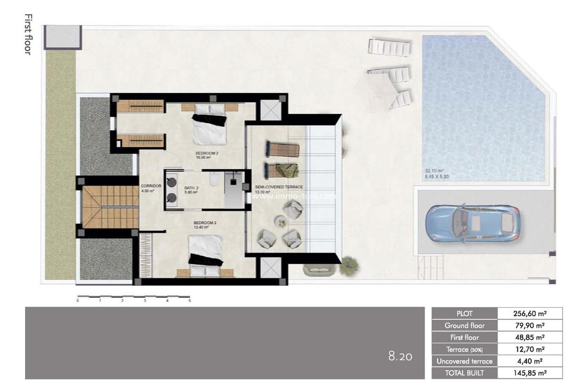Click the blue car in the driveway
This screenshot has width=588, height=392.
tap(472, 224)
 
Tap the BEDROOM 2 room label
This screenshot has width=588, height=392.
tap(207, 154)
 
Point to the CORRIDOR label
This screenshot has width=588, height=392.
tap(151, 186)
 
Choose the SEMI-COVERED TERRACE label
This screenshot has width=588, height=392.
tap(279, 187)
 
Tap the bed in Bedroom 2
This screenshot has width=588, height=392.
tap(209, 126)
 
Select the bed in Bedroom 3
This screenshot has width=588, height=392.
tap(206, 252)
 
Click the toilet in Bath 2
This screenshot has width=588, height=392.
tap(215, 179)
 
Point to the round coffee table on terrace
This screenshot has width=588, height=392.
tap(280, 221)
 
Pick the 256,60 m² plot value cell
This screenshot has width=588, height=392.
tap(530, 314)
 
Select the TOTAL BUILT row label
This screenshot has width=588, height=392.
tap(464, 373)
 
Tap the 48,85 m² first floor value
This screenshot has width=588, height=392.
tap(530, 338)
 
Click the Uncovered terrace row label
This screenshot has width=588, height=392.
tap(464, 361)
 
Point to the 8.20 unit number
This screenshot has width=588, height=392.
tap(400, 357)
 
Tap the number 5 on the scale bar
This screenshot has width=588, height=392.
tap(189, 301)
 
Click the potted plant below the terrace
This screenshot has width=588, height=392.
tap(348, 265)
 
